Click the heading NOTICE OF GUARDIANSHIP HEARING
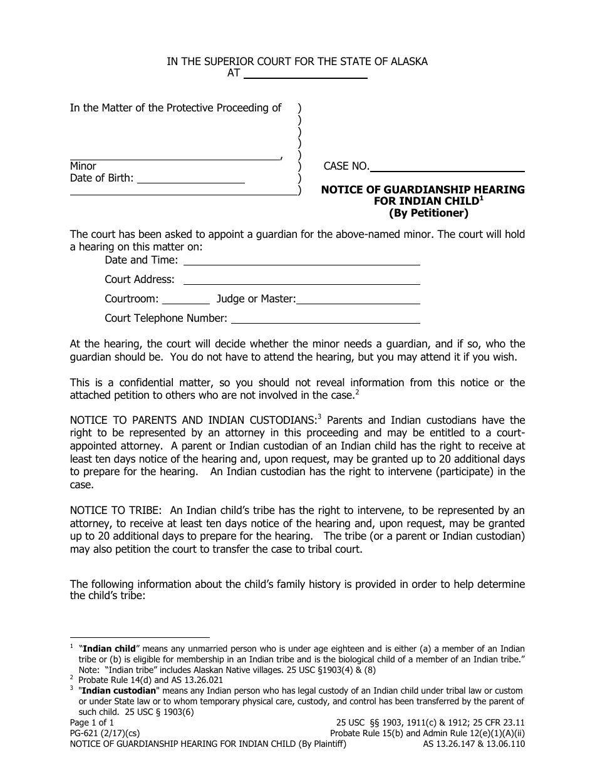pyautogui.click(x=423, y=190)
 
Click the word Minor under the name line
pyautogui.click(x=83, y=167)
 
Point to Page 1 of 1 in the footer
pyautogui.click(x=91, y=722)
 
